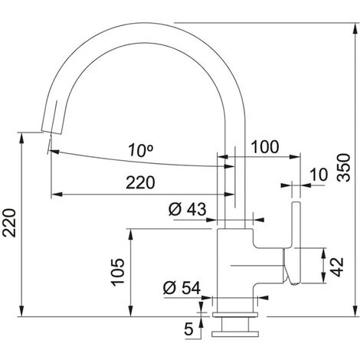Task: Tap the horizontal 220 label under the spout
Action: tap(140, 182)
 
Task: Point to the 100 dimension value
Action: tap(263, 145)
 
